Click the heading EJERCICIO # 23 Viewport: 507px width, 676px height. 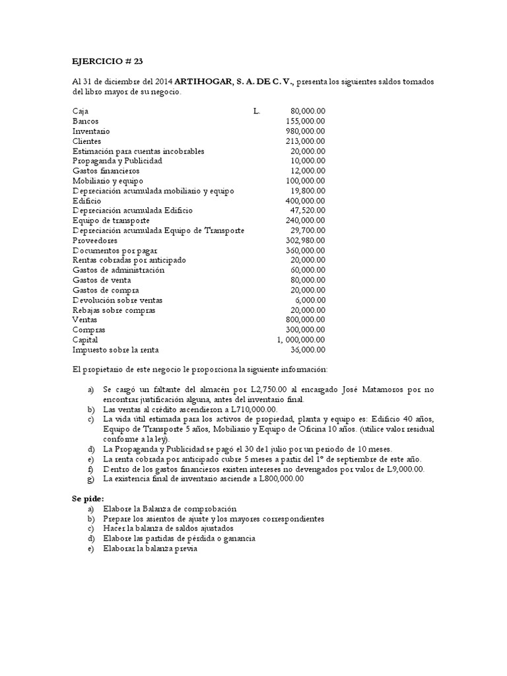(107, 61)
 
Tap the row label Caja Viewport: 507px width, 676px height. (80, 112)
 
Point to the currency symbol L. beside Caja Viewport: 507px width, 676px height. (257, 112)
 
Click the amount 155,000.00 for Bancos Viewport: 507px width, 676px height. (306, 121)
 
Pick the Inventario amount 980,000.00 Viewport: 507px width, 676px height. (306, 131)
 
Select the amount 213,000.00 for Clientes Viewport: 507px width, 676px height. (306, 141)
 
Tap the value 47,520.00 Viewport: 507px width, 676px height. (308, 211)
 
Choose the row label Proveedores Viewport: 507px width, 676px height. (94, 241)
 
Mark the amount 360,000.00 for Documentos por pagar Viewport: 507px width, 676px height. (306, 251)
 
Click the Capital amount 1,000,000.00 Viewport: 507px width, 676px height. (301, 340)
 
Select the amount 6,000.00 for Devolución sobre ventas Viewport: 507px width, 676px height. (310, 300)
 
